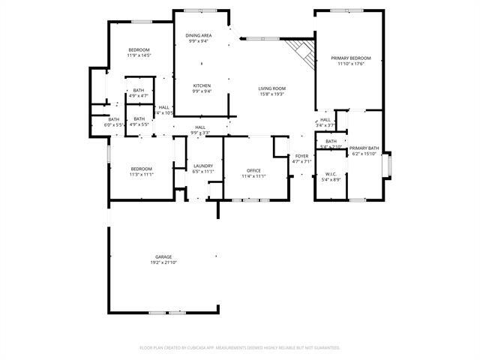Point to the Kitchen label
(x=202, y=85)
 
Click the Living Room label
(x=272, y=88)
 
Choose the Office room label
(x=253, y=170)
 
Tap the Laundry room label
(x=203, y=166)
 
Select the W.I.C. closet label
(x=331, y=174)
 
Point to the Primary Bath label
(x=364, y=148)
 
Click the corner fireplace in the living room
(x=300, y=52)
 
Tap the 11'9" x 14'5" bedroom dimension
(x=139, y=55)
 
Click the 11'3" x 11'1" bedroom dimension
(x=142, y=175)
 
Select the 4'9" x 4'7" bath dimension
(x=139, y=96)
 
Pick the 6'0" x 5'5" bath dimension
(x=113, y=124)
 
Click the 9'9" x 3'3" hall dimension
(x=199, y=133)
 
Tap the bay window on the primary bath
(x=387, y=165)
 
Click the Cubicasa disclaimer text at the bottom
(x=240, y=347)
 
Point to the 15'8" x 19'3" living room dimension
(x=272, y=94)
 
